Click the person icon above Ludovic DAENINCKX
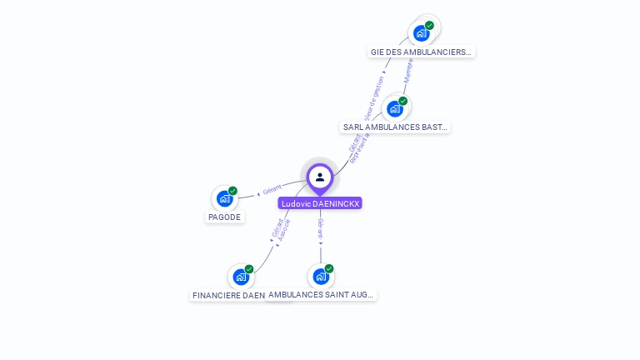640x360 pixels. coord(320,177)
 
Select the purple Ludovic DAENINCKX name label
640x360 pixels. coord(320,203)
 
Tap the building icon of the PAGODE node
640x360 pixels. coord(224,198)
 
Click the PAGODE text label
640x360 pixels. coord(224,217)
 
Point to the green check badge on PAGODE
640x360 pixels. coord(232,191)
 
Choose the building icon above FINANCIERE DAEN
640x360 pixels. coord(241,277)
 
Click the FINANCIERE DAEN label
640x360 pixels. coord(228,295)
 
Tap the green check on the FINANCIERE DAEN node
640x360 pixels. coord(249,269)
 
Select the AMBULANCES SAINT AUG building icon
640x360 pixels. coord(321,276)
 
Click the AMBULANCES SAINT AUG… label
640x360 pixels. coord(322,295)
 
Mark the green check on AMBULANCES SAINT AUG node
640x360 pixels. coord(329,268)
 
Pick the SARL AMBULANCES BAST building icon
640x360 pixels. coord(395,108)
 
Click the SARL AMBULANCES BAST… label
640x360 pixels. coord(396,127)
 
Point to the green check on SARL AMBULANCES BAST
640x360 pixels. coord(403,101)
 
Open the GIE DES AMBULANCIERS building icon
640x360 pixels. coord(422,33)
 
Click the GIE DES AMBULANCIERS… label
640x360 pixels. coord(421,52)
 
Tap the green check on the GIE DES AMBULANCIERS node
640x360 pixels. coord(430,26)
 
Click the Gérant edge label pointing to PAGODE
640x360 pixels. coord(272,190)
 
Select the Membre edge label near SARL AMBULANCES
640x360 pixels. coord(408,72)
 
